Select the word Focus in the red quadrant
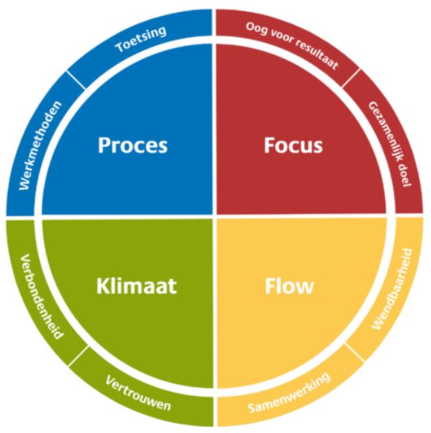click(293, 145)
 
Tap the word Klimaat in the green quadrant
click(137, 285)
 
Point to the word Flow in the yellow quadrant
click(289, 285)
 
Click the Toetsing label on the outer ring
click(141, 39)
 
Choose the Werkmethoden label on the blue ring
click(40, 145)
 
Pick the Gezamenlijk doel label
click(390, 144)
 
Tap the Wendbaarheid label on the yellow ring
click(392, 289)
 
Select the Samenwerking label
click(289, 393)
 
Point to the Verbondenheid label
click(42, 297)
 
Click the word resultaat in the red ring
click(317, 53)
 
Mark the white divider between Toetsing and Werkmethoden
click(76, 80)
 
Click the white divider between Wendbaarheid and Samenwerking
click(355, 353)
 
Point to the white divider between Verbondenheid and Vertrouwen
click(78, 356)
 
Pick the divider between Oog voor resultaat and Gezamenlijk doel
click(351, 78)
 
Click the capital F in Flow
click(270, 286)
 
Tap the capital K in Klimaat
click(103, 286)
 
